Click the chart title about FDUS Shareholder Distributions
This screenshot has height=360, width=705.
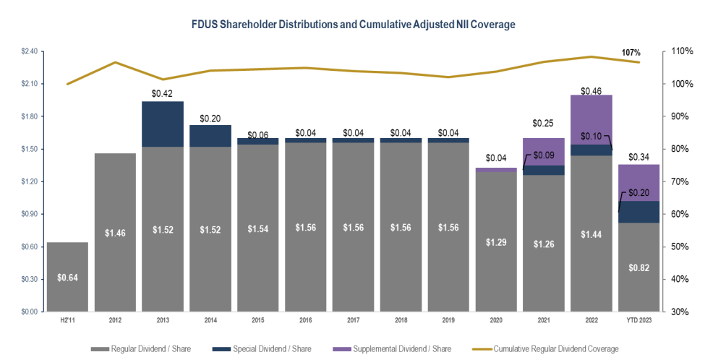(353, 25)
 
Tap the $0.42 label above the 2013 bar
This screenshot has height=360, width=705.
(163, 93)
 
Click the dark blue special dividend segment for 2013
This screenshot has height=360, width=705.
(163, 124)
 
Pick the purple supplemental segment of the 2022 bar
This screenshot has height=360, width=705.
(591, 119)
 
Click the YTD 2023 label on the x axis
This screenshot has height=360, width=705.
(639, 320)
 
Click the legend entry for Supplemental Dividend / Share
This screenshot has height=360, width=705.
(399, 348)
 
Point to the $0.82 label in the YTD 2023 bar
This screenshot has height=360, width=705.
(639, 267)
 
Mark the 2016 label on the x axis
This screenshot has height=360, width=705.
(305, 320)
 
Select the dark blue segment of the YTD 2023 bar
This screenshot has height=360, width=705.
(639, 212)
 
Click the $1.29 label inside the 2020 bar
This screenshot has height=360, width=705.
(496, 244)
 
